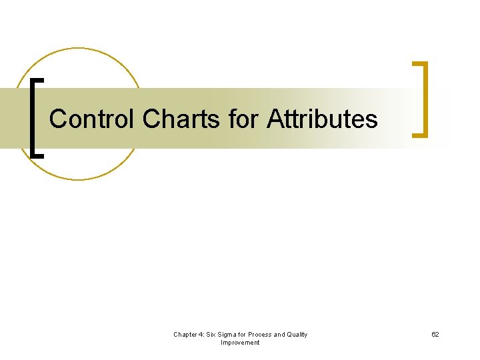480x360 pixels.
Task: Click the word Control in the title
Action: [x=92, y=119]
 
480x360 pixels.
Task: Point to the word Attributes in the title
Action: [x=322, y=119]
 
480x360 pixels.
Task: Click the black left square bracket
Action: [x=33, y=117]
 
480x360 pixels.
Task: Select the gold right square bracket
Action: [x=423, y=99]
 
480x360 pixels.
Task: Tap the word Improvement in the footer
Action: [x=240, y=343]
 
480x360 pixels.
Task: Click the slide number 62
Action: [x=435, y=335]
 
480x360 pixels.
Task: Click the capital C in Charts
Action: [x=151, y=119]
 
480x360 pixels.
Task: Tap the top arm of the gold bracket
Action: [x=419, y=64]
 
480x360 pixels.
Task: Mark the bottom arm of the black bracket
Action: [x=37, y=154]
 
